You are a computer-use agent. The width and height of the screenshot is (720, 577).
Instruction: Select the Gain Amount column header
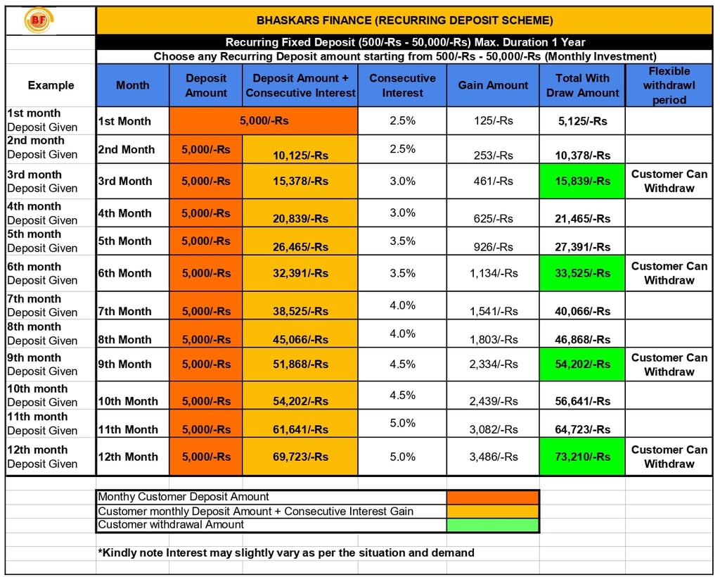coord(493,85)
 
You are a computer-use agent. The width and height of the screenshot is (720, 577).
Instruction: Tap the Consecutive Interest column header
coord(402,85)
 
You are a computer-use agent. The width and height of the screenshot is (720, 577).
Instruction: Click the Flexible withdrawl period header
coord(669,85)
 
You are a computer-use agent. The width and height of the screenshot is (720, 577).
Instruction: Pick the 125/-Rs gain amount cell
coord(493,121)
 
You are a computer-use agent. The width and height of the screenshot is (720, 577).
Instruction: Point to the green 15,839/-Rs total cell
coord(582,181)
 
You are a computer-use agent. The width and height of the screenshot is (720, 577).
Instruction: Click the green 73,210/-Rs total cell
coord(582,457)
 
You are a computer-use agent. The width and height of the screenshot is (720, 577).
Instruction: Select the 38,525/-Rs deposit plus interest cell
coord(300,311)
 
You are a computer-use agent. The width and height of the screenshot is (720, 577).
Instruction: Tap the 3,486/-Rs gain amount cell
coord(493,457)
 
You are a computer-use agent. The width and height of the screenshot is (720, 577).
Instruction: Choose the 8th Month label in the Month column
coord(125,339)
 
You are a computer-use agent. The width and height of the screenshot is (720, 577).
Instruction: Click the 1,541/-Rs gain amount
coord(493,311)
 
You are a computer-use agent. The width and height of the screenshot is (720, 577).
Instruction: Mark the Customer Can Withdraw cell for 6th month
coord(669,273)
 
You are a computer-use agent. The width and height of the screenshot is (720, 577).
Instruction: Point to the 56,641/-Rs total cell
coord(582,401)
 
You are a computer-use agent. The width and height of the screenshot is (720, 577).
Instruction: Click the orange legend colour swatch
coord(492,497)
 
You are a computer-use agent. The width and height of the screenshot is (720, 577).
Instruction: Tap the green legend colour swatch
coord(492,525)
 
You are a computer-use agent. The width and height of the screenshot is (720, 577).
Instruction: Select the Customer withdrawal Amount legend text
coord(171,525)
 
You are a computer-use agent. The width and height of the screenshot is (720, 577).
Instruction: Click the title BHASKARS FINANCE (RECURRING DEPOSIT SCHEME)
coord(404,20)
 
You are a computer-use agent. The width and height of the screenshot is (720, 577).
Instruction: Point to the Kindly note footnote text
coord(286,553)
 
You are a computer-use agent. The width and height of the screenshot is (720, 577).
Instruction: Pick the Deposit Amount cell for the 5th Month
coord(205,241)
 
